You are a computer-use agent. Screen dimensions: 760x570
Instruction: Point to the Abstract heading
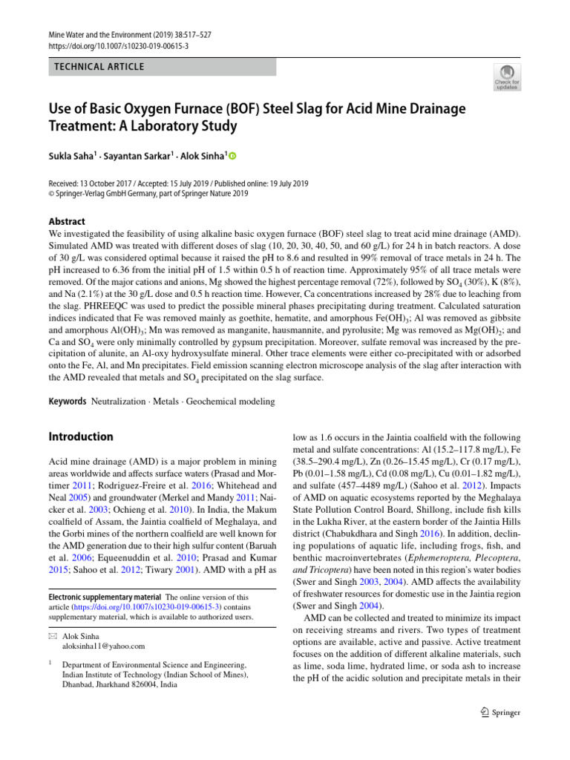pyautogui.click(x=66, y=221)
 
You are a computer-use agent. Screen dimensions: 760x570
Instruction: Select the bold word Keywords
pyautogui.click(x=67, y=402)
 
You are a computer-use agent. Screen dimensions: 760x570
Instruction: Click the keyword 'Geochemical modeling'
pyautogui.click(x=231, y=402)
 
